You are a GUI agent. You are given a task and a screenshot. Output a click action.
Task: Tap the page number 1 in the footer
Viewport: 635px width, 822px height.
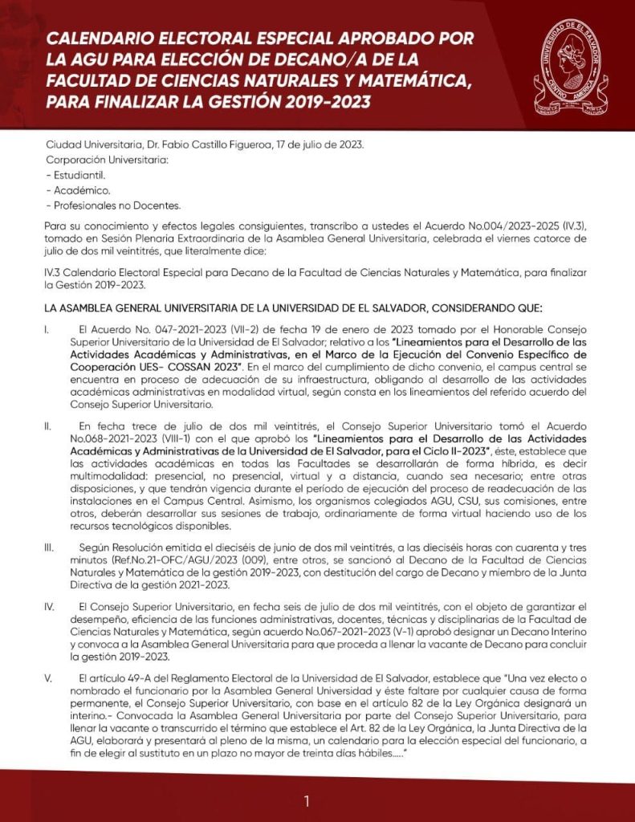click(x=307, y=800)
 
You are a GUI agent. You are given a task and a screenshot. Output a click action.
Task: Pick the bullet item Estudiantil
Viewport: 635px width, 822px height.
click(x=79, y=174)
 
